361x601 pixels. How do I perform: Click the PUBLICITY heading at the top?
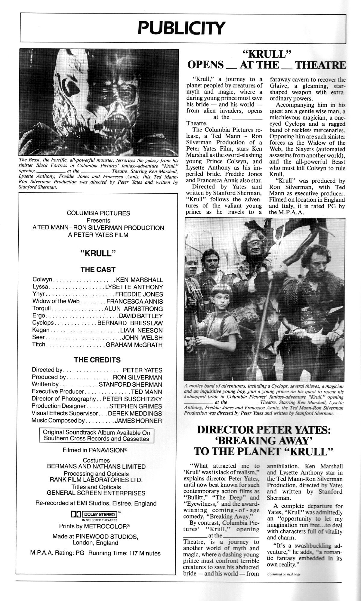pos(181,28)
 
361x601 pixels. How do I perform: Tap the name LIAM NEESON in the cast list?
pos(141,330)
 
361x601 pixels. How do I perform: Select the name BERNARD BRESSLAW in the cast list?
pos(130,323)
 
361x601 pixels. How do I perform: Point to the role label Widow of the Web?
pos(56,301)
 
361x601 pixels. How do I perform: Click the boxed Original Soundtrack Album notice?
pos(96,435)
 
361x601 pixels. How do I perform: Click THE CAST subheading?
pos(98,269)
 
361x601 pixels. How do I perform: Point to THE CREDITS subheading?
pos(97,360)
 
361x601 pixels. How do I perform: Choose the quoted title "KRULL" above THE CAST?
pos(98,253)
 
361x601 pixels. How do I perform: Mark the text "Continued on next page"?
pos(284,574)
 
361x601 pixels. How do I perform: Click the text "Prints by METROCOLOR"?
pos(94,526)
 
